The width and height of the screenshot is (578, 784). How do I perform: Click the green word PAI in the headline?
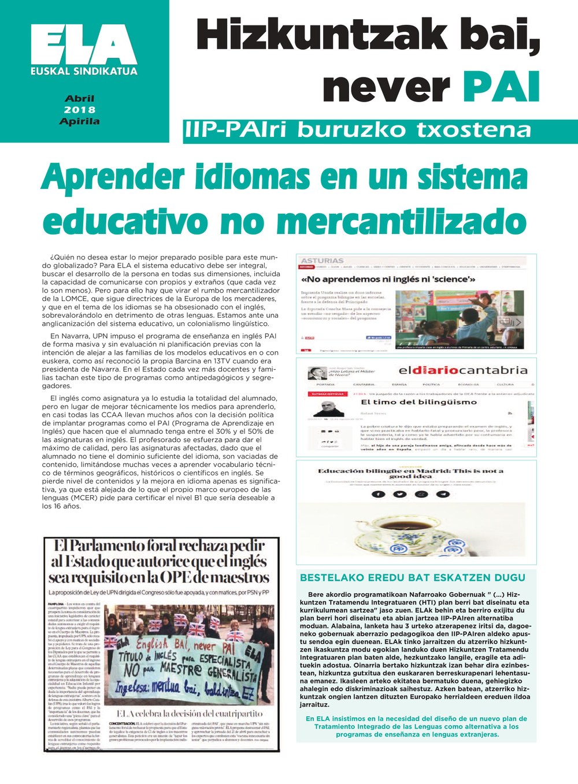[x=501, y=87]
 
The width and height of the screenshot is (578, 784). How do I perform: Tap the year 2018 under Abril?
[x=80, y=110]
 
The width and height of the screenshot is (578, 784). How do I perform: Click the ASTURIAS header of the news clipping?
[x=322, y=261]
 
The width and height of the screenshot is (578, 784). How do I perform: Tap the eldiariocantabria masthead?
[x=462, y=370]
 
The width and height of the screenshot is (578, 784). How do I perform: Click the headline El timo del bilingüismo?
[x=410, y=402]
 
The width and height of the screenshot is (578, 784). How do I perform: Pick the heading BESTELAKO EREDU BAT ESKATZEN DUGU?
[x=413, y=577]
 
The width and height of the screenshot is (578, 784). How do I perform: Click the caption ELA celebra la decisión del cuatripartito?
[x=190, y=714]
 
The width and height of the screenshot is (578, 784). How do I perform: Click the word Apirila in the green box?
[x=80, y=121]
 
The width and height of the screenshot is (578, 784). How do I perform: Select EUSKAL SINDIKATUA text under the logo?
[x=84, y=72]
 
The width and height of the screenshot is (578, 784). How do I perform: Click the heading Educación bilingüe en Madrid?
[x=411, y=473]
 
